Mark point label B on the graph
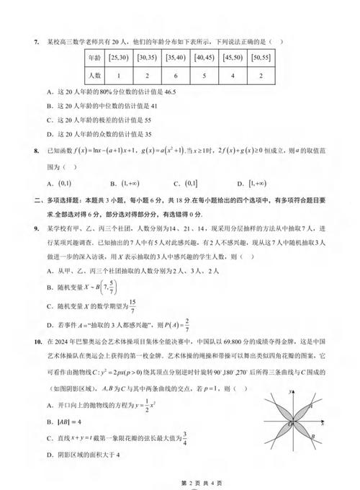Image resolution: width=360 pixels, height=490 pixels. [x=311, y=437]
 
